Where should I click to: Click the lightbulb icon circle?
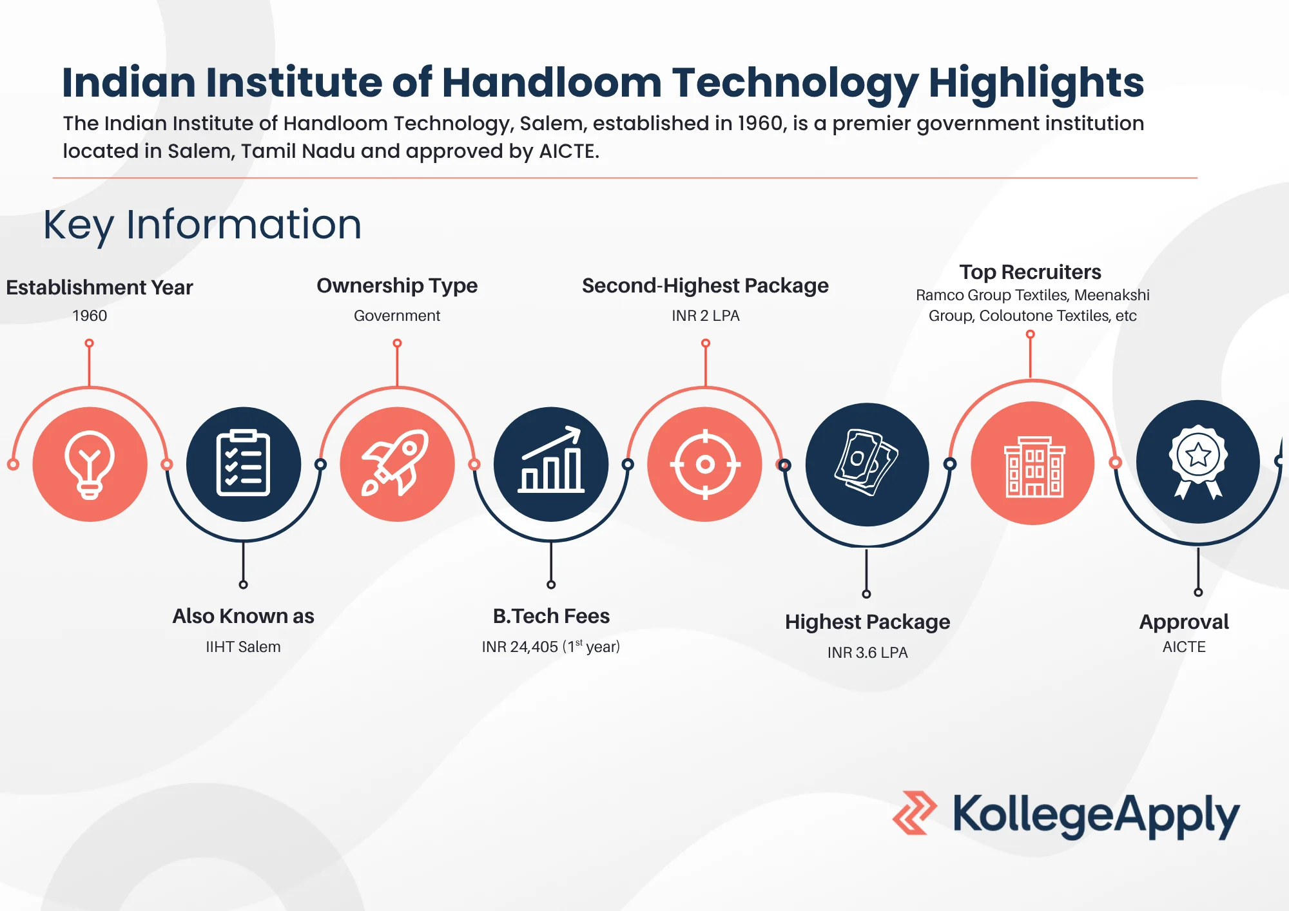(90, 464)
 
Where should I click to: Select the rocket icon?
(397, 464)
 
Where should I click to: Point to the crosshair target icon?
(705, 464)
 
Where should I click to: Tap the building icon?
(1032, 464)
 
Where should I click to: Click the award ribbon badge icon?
(1197, 462)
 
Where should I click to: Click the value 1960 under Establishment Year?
(90, 316)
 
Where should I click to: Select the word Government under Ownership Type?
(397, 316)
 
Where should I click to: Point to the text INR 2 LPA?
(705, 316)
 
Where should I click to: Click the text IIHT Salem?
(243, 647)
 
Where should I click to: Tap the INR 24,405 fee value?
(519, 647)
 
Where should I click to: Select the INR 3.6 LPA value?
(867, 653)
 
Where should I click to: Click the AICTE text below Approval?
(1184, 647)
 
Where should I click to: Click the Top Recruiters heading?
(1030, 272)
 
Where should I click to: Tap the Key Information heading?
(202, 225)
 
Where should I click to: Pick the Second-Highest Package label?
(705, 285)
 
